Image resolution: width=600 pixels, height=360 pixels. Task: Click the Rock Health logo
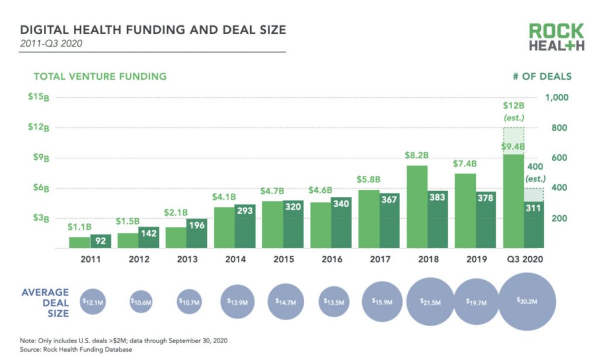tap(556, 37)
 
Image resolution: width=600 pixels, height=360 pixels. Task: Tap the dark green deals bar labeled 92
tap(100, 241)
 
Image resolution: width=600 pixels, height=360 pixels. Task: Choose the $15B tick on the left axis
tap(37, 97)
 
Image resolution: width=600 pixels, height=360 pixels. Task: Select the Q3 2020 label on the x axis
tap(523, 259)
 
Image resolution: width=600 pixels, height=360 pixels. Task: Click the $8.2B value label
tap(417, 156)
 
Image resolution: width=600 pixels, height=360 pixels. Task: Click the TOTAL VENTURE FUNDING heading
tap(100, 76)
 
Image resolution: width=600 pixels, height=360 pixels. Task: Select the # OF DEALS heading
tap(543, 76)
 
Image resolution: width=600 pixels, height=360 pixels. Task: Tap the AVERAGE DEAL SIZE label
tap(45, 303)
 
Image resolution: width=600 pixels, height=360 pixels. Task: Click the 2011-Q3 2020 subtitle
tap(50, 43)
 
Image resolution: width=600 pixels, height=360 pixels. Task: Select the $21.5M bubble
tap(431, 301)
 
